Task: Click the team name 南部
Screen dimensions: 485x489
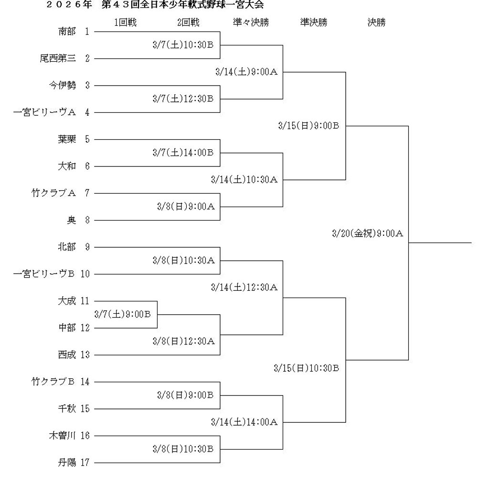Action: (x=67, y=32)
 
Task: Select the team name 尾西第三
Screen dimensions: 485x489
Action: (x=58, y=59)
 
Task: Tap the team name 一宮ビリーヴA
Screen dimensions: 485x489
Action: (x=44, y=113)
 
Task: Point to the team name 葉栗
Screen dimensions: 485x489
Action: (x=67, y=140)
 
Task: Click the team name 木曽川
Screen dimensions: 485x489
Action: (x=62, y=436)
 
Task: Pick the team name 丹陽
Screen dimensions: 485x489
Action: (x=67, y=463)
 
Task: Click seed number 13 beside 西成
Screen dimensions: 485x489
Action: (x=85, y=355)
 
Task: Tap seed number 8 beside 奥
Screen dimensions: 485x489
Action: (x=87, y=220)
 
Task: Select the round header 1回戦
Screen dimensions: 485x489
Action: (x=125, y=22)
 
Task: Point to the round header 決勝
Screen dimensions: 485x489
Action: (x=376, y=22)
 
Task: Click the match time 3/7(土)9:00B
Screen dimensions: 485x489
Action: (x=123, y=314)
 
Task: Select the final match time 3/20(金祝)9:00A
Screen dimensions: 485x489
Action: (x=368, y=234)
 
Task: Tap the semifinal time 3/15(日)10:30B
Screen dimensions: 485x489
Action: (x=307, y=368)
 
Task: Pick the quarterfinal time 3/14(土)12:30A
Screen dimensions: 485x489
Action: (x=244, y=287)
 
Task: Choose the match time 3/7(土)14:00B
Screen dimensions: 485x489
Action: (x=183, y=153)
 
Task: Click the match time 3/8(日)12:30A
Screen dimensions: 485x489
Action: (x=184, y=342)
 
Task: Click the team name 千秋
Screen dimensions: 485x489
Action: (x=67, y=408)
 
